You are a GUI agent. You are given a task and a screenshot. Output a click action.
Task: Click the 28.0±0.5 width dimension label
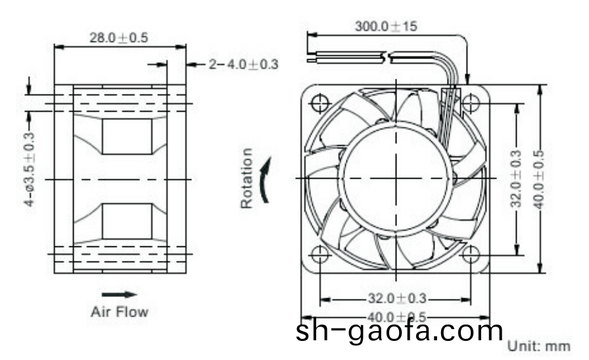coord(119,37)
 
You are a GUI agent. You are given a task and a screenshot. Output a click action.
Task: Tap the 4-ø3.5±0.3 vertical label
coord(30,170)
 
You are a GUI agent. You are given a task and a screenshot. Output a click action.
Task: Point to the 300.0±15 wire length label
coord(385,27)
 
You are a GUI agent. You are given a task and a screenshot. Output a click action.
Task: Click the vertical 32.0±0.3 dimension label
coord(517,178)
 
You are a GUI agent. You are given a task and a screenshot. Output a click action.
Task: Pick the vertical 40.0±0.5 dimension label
coord(539,179)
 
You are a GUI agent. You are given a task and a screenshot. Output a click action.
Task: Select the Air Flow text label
coord(119,311)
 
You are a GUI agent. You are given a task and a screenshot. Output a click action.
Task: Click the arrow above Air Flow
coord(119,294)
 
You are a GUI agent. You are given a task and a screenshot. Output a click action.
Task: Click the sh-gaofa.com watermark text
coord(399,330)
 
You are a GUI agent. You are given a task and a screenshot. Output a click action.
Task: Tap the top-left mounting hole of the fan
coord(320,103)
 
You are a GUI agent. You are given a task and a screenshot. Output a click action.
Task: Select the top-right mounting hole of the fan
coord(471,103)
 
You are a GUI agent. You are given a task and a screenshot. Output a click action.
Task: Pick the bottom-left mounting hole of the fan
coord(320,254)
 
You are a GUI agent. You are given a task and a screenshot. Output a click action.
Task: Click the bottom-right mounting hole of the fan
coord(471,254)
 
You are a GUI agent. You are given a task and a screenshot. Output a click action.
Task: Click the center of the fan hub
coord(396,178)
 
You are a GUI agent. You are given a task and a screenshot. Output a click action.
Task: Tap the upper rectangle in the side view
coord(127,137)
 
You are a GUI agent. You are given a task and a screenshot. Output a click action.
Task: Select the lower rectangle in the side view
coord(127,220)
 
